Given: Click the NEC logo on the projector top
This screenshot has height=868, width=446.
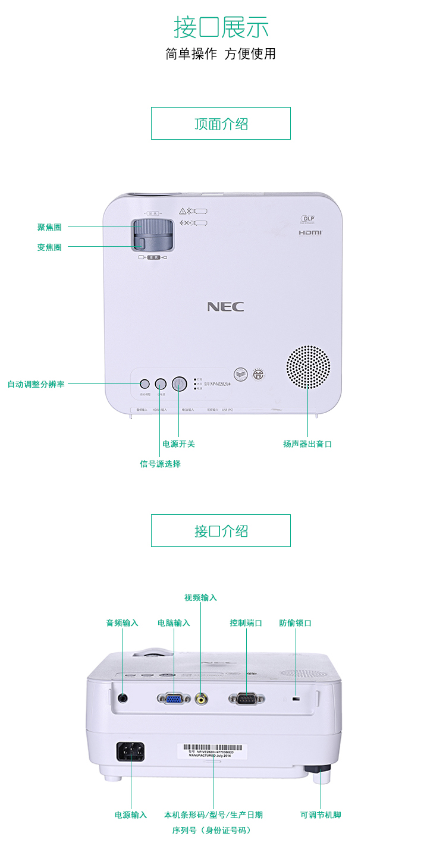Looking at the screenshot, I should pos(225,307).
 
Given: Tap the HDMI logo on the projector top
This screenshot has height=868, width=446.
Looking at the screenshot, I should pos(310,232).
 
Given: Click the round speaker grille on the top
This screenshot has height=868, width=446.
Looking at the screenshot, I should pos(308,367).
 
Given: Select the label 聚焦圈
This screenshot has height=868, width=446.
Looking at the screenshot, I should pos(49,227).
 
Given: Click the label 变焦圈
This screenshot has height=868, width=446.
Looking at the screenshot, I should pos(49,247).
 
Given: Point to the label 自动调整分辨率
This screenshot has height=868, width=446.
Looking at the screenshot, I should pos(36,384).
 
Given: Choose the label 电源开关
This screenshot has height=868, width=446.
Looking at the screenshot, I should pos(178,444).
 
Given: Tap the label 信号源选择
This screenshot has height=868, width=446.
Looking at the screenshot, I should pos(160,464).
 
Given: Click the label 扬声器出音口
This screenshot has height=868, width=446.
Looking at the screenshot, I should pos(307,444).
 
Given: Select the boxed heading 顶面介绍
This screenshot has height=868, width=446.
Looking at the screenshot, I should pos(221,124).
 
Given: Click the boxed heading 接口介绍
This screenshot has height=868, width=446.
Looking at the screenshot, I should pos(221,531).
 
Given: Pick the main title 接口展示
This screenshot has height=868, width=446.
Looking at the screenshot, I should pos(221,27).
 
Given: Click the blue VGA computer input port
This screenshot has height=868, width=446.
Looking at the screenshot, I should pos(174,699).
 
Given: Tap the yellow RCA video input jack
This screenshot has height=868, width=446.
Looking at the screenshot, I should pos(201,699).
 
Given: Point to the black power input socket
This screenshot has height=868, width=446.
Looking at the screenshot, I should pos(130,752).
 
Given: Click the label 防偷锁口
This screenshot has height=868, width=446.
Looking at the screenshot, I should pos(296,623).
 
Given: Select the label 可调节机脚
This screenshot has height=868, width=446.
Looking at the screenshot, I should pos(321,814).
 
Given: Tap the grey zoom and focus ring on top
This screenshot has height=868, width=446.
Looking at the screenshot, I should pos(153,234).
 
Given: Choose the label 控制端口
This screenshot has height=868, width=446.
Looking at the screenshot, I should pos(246,623).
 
